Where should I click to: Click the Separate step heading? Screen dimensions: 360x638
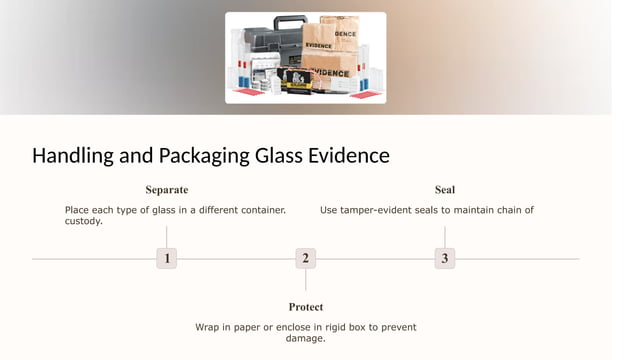pos(166,190)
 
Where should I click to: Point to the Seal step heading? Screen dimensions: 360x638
pos(445,190)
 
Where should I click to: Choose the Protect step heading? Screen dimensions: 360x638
pos(306,307)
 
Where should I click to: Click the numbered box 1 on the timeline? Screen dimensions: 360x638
pos(166,259)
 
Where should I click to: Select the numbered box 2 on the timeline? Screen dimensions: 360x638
pos(306,259)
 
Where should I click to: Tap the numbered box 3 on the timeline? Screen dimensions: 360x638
pos(445,259)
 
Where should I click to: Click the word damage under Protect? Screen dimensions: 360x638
pos(305,338)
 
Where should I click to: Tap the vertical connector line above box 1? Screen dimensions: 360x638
pos(166,237)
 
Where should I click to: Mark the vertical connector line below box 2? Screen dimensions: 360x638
pos(306,280)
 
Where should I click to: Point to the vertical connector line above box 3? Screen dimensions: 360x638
pos(445,237)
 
